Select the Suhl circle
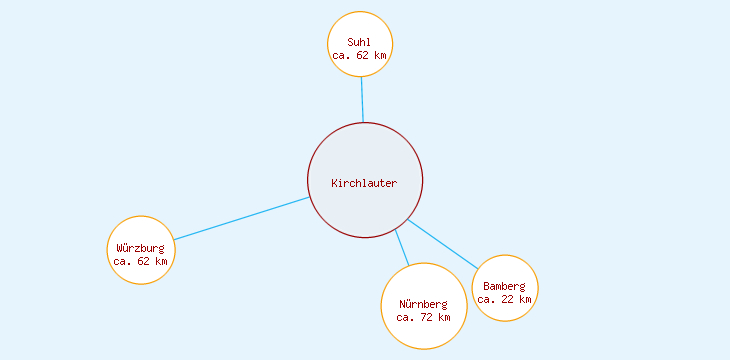click(x=360, y=27)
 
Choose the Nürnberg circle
click(x=424, y=285)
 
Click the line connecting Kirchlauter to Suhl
click(x=362, y=100)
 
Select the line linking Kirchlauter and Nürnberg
click(x=402, y=247)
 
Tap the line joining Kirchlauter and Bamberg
click(x=442, y=244)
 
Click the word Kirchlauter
click(x=364, y=183)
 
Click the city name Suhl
click(x=359, y=42)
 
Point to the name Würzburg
click(x=140, y=248)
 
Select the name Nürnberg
click(x=423, y=304)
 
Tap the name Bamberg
click(x=504, y=286)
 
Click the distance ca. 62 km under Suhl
click(x=359, y=56)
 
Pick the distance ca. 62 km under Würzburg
click(x=140, y=261)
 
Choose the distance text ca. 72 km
click(x=423, y=317)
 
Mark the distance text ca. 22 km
click(x=504, y=299)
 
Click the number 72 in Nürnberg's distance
click(x=426, y=317)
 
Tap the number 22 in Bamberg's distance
click(x=507, y=299)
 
